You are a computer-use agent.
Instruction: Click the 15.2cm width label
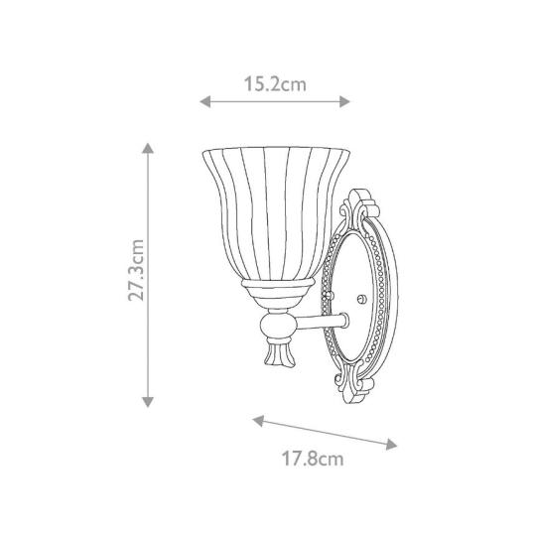tap(274, 84)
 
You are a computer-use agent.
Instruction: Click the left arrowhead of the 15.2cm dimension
tap(204, 100)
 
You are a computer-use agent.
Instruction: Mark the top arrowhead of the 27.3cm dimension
tap(148, 146)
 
